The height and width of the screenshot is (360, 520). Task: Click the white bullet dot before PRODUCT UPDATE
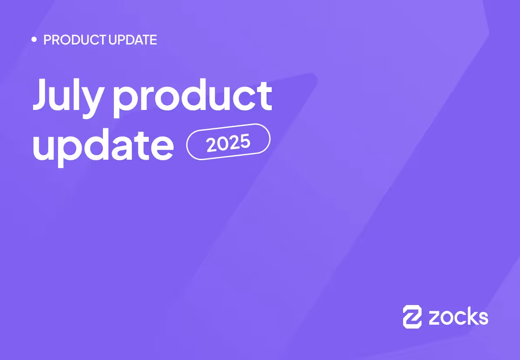34,40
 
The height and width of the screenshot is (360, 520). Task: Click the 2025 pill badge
228,142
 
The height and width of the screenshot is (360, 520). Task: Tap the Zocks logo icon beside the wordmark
412,316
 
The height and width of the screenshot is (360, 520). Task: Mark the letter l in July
78,93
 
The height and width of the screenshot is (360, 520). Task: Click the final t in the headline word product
264,94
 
